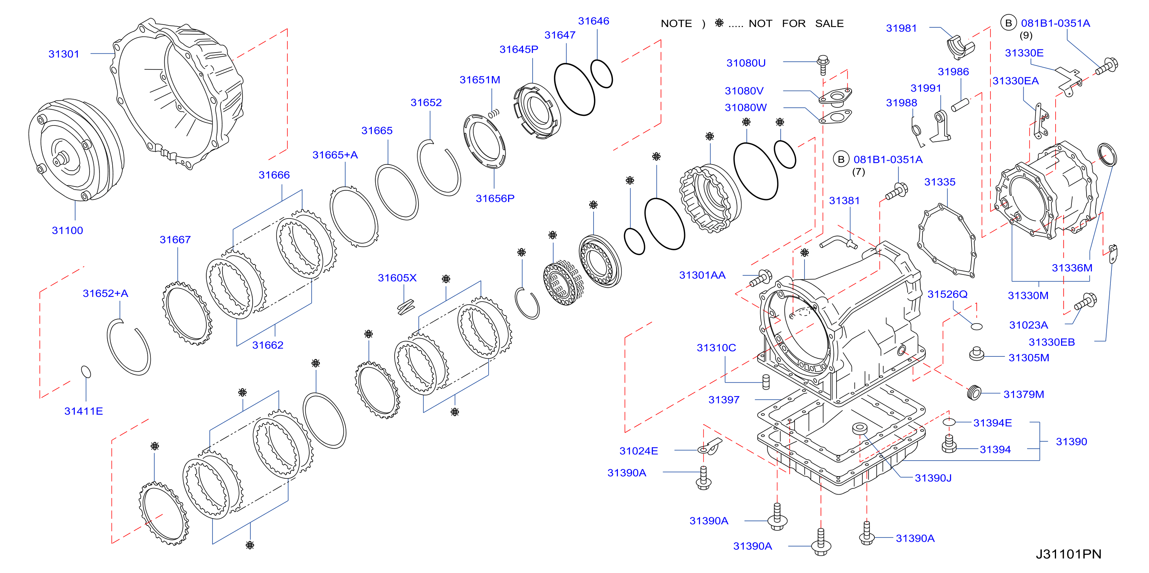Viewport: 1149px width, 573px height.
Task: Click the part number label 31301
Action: tap(64, 54)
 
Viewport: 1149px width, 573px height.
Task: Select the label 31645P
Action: tap(519, 49)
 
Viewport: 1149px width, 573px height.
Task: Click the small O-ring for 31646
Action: tap(601, 74)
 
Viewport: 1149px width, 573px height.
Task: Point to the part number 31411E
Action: tap(83, 411)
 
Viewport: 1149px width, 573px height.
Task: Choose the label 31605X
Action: tap(397, 278)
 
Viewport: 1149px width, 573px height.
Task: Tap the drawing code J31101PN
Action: tap(1068, 554)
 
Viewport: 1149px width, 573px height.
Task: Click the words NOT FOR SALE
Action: tap(796, 24)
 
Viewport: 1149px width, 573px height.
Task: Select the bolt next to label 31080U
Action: tap(823, 65)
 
